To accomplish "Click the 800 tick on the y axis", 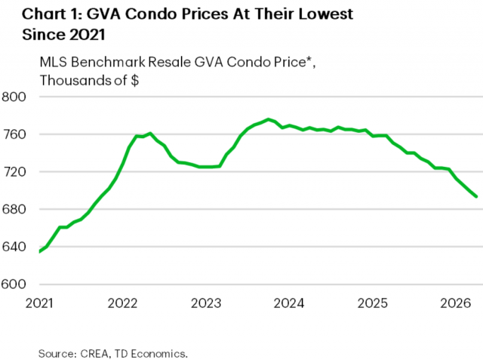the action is coord(14,97).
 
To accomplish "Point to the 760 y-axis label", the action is coord(14,134).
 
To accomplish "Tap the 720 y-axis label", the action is coord(14,172).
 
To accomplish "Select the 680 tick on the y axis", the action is coord(14,209).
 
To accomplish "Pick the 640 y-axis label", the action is coord(14,247).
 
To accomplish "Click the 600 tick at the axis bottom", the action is coord(14,285).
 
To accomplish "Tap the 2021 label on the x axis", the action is coord(39,303).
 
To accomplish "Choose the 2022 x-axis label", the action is coord(122,303).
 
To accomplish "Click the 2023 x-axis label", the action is coord(206,303).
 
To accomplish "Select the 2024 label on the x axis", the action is coord(289,303).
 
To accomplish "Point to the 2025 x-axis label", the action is coord(372,303).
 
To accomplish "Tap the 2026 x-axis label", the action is coord(456,303).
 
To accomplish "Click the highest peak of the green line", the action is coord(269,119).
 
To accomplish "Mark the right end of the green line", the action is coord(476,196).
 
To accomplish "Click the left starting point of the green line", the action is coord(40,251).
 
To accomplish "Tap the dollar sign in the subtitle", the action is coord(134,80).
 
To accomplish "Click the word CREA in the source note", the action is coord(94,353).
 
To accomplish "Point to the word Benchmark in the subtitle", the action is coord(108,62).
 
